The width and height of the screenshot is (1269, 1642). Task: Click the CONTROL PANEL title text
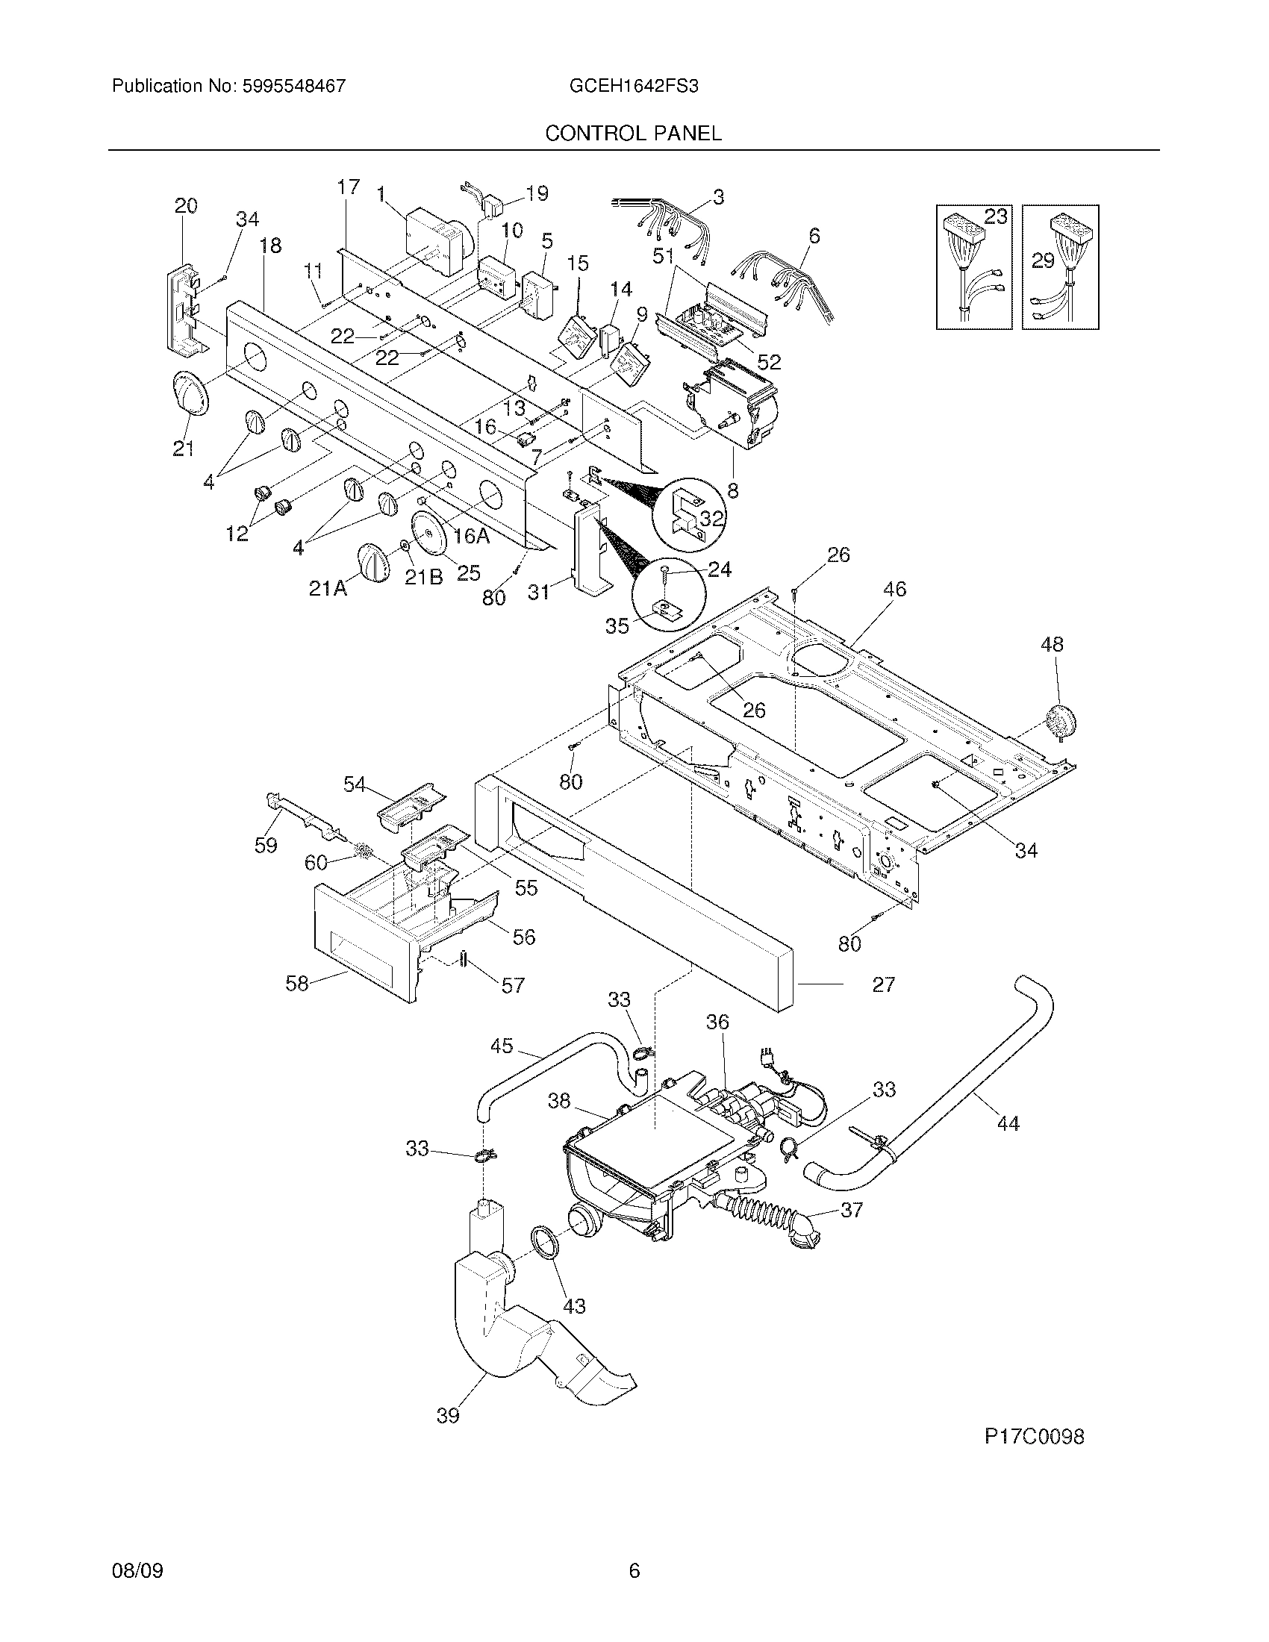click(x=633, y=133)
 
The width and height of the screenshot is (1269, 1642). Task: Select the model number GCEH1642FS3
click(x=634, y=86)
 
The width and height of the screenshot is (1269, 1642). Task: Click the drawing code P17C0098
click(x=1035, y=1436)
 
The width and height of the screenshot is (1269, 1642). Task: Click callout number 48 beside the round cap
click(x=1052, y=644)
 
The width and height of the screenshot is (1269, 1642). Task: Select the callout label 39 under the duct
click(x=448, y=1415)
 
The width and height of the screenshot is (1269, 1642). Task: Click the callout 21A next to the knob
click(x=328, y=590)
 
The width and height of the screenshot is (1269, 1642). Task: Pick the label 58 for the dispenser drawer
click(x=297, y=983)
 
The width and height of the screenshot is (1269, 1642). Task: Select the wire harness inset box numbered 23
click(x=974, y=267)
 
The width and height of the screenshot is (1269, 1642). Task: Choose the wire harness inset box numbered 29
click(x=1061, y=267)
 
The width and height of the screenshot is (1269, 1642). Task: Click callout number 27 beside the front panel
click(x=883, y=984)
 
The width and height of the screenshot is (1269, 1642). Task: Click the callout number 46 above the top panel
click(x=894, y=589)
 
